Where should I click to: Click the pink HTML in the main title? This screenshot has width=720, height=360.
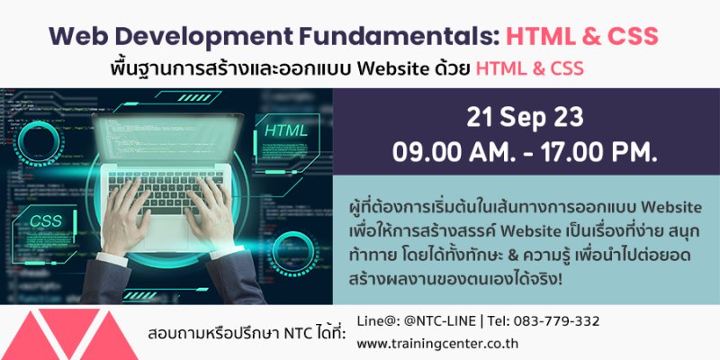click(x=539, y=36)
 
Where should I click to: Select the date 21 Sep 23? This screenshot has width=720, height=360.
click(x=525, y=119)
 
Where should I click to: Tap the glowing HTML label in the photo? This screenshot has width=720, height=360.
click(x=286, y=130)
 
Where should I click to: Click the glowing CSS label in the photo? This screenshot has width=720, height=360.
click(x=46, y=220)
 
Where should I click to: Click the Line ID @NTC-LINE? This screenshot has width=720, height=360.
click(x=439, y=321)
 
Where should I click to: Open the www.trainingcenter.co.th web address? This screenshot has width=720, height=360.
click(x=437, y=344)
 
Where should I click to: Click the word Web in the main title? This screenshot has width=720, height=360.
click(x=71, y=36)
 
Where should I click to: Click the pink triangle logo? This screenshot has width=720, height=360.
click(x=69, y=334)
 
